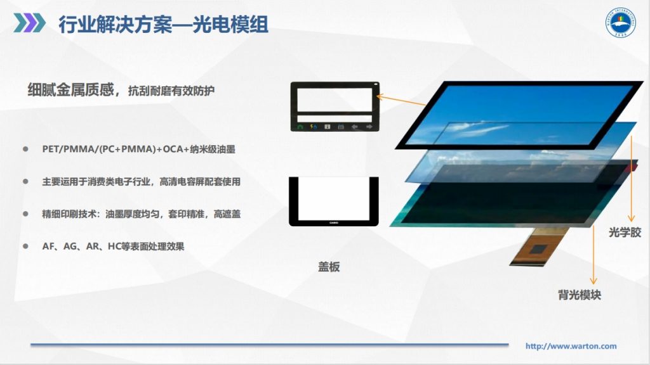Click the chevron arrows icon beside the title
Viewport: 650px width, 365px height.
29,23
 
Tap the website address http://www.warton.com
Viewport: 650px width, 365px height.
571,346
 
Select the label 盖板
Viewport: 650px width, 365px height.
329,267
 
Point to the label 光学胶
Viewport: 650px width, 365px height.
625,233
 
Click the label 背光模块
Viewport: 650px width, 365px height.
580,295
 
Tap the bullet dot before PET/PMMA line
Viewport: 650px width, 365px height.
26,149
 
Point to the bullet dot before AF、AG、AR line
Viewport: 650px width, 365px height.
26,246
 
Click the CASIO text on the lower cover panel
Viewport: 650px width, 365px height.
333,222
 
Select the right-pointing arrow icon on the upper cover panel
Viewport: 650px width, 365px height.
368,126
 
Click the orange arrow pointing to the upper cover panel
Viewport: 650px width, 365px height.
402,100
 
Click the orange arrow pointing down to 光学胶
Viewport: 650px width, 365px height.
631,190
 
